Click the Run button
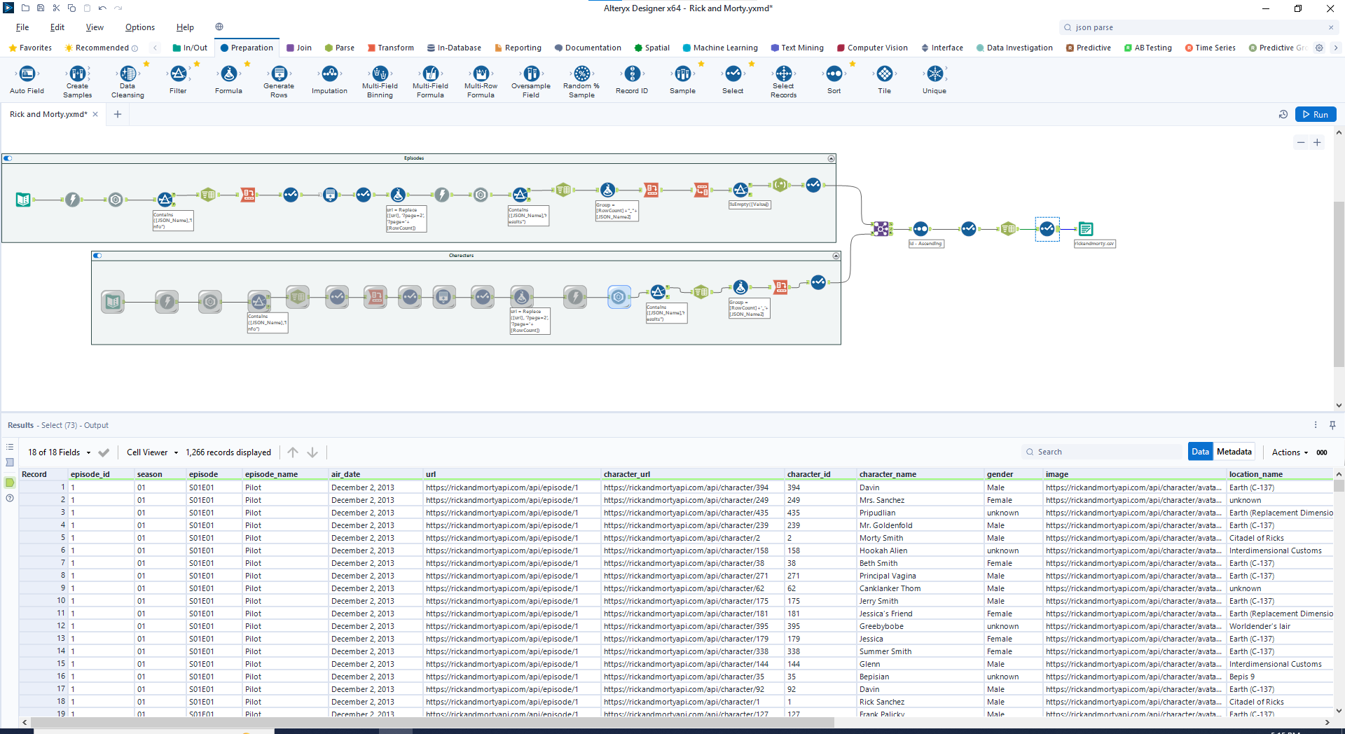tap(1315, 114)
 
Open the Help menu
tap(185, 27)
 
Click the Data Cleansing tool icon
tap(127, 74)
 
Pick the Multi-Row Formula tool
tap(481, 74)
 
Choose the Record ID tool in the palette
tap(632, 74)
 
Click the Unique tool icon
tap(934, 74)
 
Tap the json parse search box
tap(1198, 27)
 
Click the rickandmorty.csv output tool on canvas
tap(1085, 229)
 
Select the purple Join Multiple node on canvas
tap(881, 229)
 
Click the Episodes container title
tap(414, 158)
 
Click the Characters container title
tap(461, 256)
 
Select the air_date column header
tap(345, 474)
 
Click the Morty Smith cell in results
tap(881, 538)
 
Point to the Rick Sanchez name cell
tap(882, 702)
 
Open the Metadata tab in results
tap(1234, 452)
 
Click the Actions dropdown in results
tap(1290, 452)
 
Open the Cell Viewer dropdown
tap(152, 452)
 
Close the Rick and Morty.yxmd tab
tap(95, 114)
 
